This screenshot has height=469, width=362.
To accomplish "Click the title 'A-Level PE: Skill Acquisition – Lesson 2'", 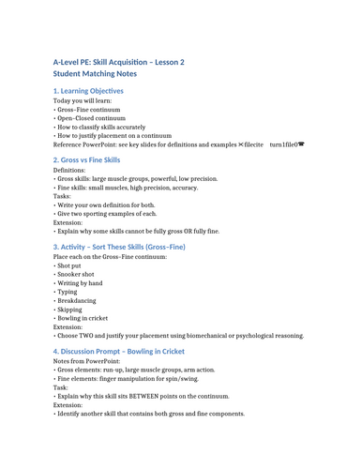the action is tap(118, 62).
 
